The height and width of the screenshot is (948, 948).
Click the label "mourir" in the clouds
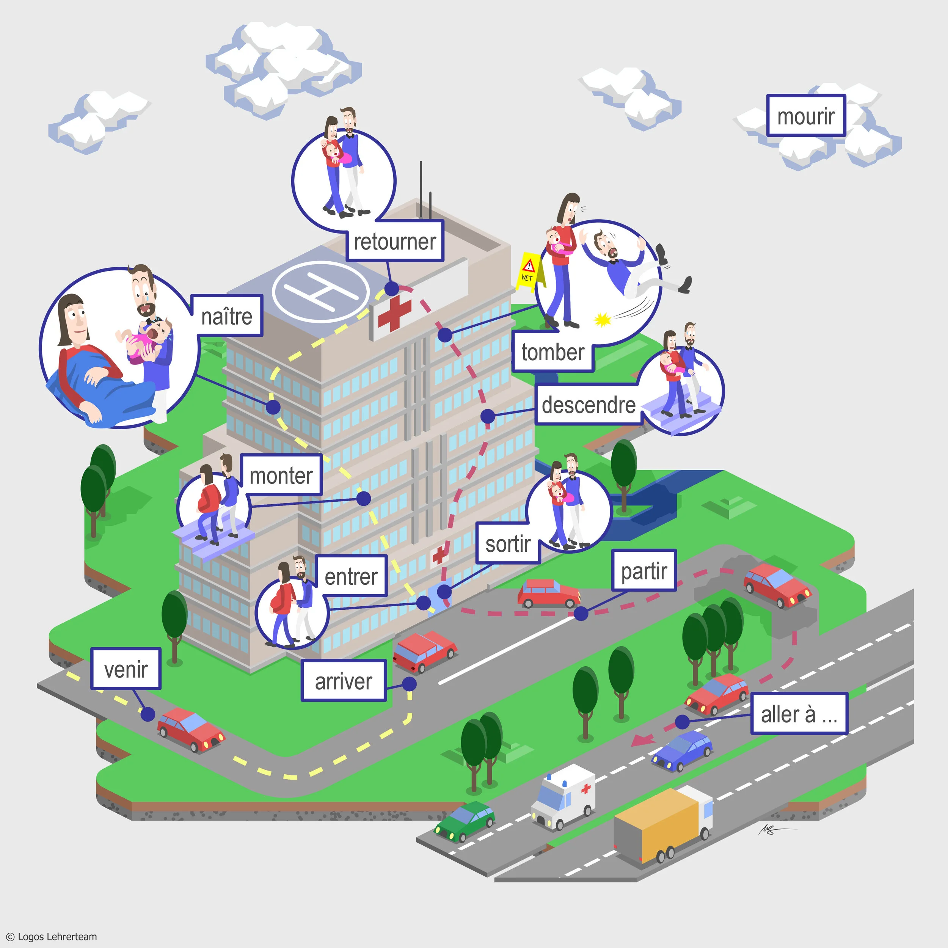(x=806, y=116)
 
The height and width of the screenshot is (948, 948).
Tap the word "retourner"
(x=395, y=241)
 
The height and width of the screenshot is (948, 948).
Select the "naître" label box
(x=227, y=316)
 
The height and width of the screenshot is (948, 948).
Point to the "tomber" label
(x=552, y=352)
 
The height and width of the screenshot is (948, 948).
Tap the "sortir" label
(x=508, y=544)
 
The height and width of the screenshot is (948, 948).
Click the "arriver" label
(x=344, y=681)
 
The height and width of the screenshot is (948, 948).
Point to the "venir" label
(x=126, y=669)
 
